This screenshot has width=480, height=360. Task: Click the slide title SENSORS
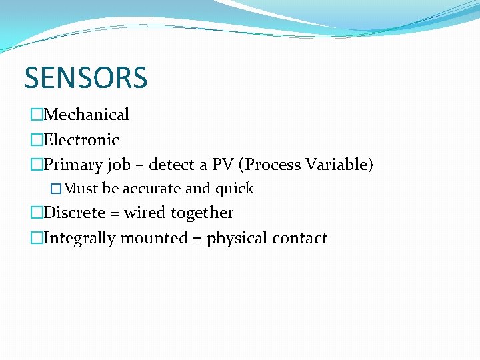tap(85, 78)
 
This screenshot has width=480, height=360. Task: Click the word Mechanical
tap(87, 115)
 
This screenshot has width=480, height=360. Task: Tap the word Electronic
tap(81, 140)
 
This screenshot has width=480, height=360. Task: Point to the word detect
tap(173, 165)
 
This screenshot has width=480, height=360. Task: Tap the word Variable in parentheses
tap(339, 165)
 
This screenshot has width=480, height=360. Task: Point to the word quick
tap(234, 189)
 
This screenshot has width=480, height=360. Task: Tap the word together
tap(202, 213)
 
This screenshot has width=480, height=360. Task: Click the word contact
tap(301, 239)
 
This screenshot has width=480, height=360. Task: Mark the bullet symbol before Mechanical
tap(37, 115)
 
